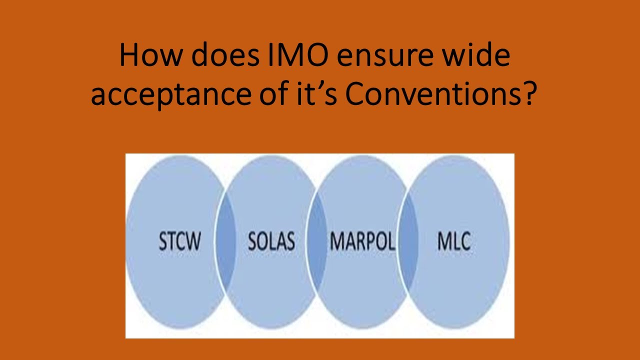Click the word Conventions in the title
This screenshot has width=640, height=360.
tap(428, 94)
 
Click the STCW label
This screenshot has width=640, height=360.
tap(180, 241)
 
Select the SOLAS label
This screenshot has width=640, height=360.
tap(271, 241)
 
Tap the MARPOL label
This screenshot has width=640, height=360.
tap(362, 241)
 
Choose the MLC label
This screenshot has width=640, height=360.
tap(454, 241)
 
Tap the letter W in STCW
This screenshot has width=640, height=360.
tap(193, 241)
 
